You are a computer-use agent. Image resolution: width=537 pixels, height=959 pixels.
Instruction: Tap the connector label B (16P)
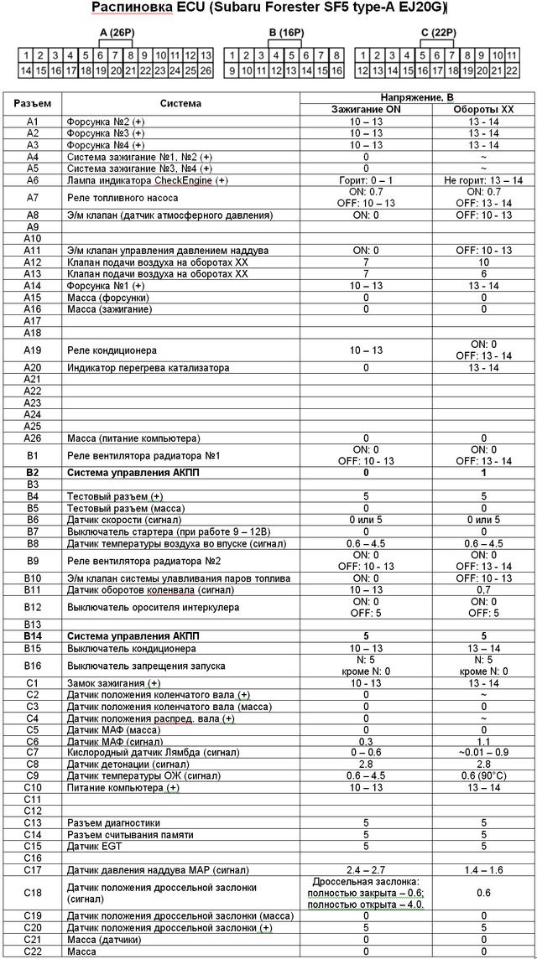[283, 34]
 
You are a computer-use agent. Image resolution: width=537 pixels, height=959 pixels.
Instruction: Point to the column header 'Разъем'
[33, 104]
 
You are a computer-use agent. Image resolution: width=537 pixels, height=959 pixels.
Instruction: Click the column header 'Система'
[181, 104]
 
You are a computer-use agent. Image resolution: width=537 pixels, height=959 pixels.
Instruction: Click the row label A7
[33, 198]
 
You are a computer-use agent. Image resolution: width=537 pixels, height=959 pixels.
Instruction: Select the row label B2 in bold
[33, 473]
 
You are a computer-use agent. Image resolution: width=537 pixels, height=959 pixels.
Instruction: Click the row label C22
[33, 951]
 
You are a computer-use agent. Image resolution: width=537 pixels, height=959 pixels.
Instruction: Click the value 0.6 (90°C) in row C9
[483, 776]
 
